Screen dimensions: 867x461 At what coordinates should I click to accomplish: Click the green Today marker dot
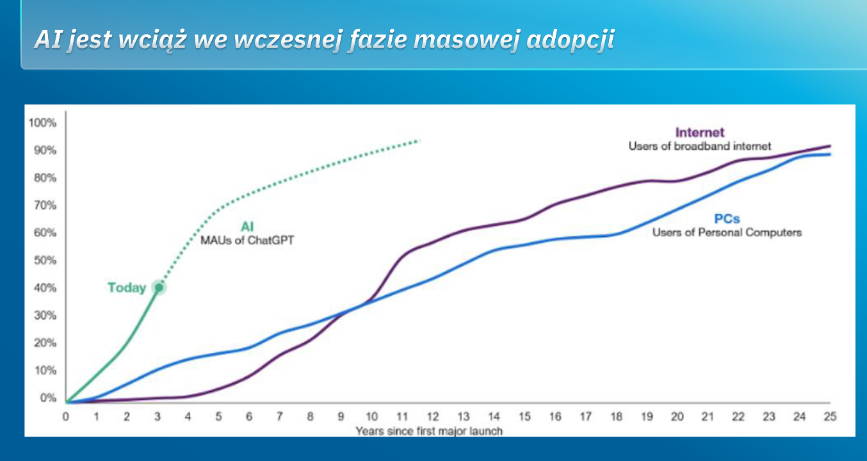pos(159,287)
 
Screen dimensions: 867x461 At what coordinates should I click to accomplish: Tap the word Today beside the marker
pos(127,288)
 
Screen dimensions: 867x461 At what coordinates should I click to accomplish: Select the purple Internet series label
pos(699,133)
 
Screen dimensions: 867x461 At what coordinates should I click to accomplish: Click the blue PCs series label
pos(727,219)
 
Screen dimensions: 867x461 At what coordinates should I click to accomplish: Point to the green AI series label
pos(247,227)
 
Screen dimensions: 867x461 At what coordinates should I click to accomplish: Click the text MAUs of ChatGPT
pos(247,240)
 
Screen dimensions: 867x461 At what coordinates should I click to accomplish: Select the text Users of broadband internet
pos(699,147)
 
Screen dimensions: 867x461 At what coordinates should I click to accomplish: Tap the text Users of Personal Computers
pos(727,232)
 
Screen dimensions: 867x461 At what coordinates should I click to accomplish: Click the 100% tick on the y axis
pos(42,123)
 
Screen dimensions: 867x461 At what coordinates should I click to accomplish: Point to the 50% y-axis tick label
pos(45,261)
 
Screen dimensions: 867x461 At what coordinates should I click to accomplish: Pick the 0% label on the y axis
pos(48,398)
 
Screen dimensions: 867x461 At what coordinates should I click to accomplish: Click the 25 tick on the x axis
pos(830,417)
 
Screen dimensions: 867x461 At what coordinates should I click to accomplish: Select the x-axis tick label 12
pos(433,417)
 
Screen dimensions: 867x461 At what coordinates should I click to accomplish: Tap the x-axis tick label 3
pos(157,417)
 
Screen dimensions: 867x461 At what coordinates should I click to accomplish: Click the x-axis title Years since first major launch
pos(429,431)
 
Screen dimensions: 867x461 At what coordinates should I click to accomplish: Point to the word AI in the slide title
pos(48,39)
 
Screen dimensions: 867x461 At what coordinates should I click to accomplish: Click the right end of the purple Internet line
pos(830,146)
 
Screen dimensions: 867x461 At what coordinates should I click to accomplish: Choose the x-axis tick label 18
pos(616,417)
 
